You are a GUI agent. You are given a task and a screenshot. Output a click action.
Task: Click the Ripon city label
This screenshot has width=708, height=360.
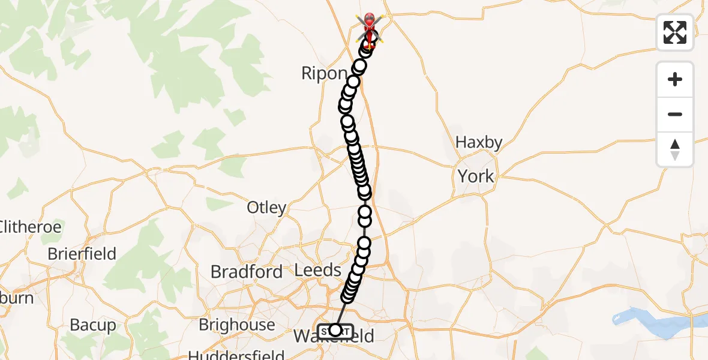324,74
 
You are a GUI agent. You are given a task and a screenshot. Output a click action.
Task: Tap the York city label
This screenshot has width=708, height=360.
476,176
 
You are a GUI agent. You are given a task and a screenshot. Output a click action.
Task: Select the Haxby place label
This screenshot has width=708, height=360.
478,142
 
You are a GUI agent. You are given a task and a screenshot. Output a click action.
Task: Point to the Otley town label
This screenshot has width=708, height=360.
266,208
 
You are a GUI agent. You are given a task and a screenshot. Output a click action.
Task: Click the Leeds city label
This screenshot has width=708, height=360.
318,270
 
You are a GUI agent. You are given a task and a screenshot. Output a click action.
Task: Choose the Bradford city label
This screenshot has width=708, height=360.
246,272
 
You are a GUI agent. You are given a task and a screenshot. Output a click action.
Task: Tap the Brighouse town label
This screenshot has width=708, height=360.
236,325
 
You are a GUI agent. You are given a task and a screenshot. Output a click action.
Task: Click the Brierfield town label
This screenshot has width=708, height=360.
82,254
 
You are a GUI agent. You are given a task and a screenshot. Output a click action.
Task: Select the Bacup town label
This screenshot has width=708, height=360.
93,325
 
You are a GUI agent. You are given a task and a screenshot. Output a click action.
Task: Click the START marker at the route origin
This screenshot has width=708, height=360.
334,331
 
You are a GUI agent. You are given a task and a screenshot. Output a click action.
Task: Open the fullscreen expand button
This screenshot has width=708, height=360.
675,32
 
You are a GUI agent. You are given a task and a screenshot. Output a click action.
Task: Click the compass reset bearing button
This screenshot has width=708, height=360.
675,149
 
